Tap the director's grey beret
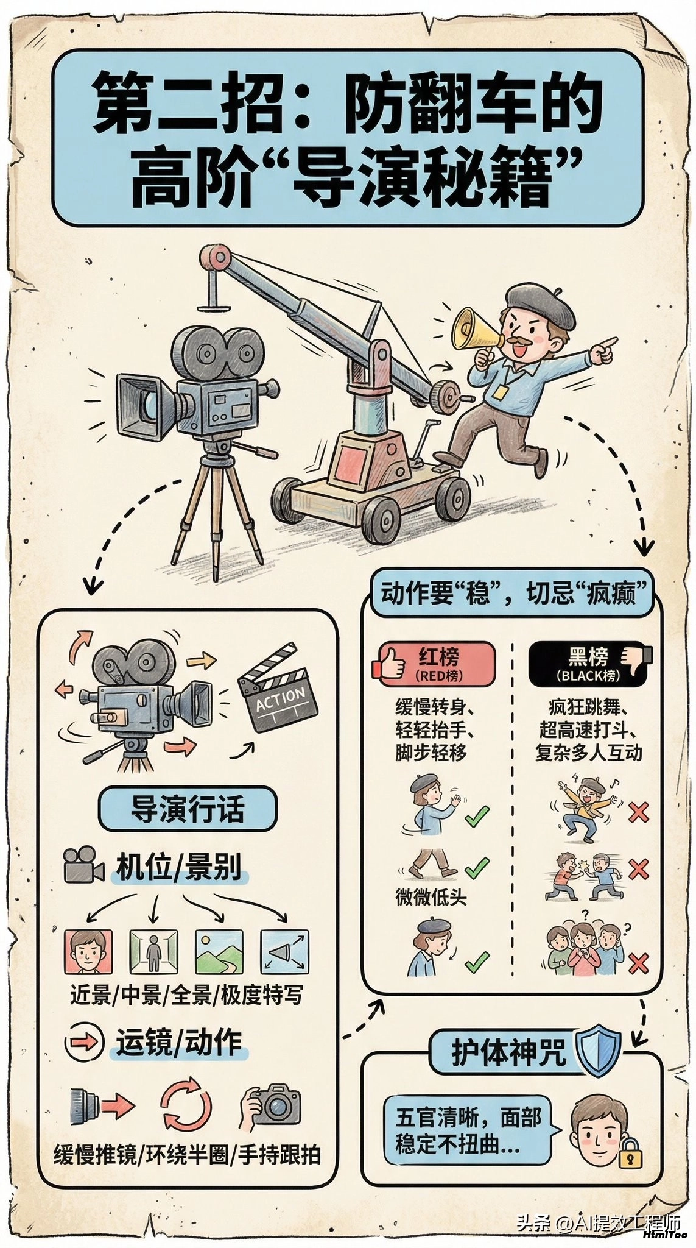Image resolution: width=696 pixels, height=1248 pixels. (540, 303)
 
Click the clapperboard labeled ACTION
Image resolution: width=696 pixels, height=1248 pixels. (278, 689)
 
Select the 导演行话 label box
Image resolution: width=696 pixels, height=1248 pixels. (187, 809)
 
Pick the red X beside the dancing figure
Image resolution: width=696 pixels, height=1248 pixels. (638, 812)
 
